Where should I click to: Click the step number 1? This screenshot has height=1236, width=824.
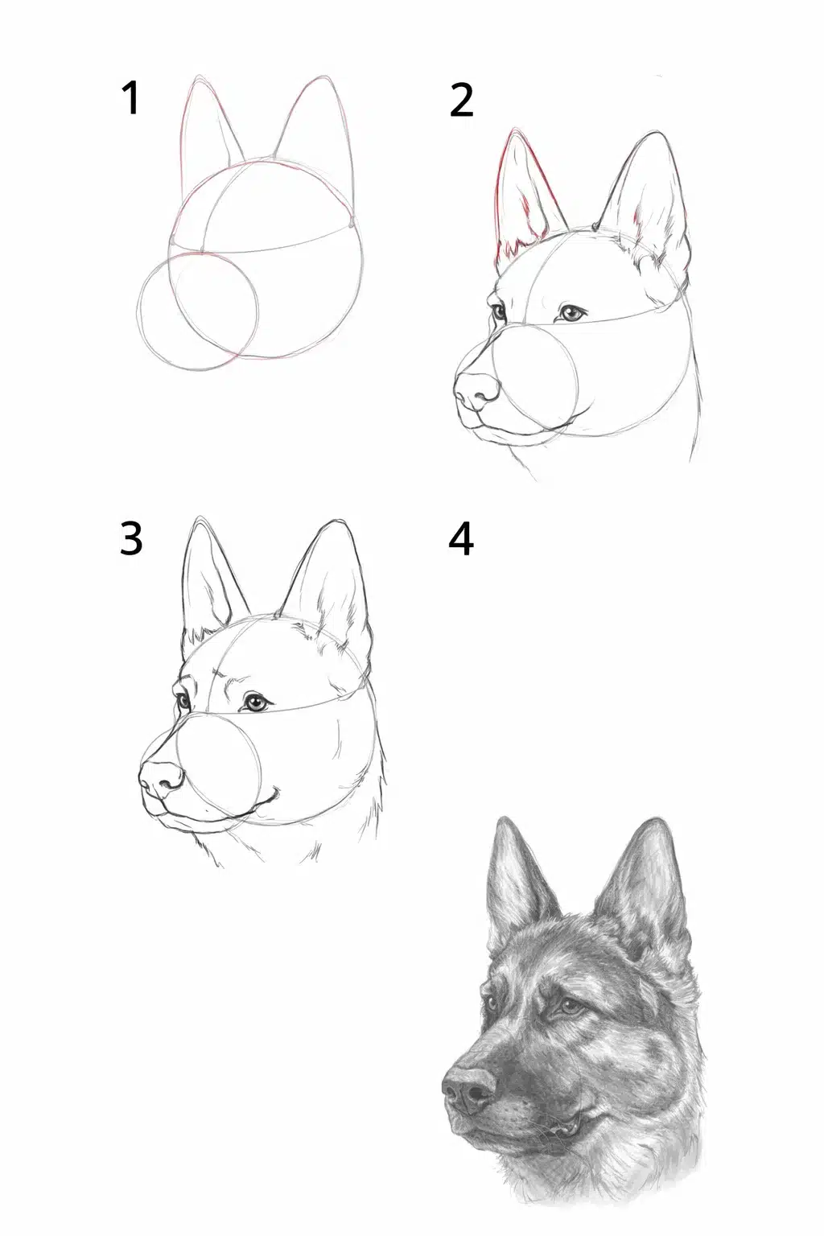[x=130, y=97]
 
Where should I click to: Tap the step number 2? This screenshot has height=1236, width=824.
[x=461, y=100]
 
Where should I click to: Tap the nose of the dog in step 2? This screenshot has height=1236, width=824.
[x=477, y=390]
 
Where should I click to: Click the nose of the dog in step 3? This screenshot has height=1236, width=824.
[x=161, y=779]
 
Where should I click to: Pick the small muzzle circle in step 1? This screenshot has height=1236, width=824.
[x=197, y=311]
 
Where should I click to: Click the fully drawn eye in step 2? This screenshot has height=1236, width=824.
[x=573, y=313]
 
